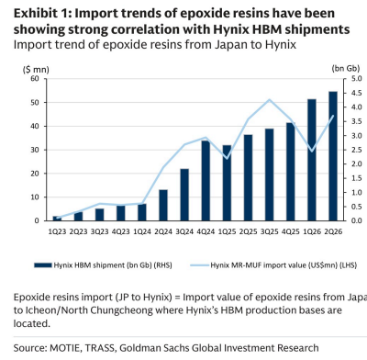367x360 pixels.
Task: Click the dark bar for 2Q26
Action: click(x=333, y=156)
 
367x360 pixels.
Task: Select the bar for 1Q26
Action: click(x=312, y=160)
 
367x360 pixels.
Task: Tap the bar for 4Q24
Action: click(x=206, y=181)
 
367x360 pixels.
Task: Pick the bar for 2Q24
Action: click(x=163, y=205)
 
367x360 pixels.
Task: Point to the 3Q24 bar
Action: click(x=184, y=195)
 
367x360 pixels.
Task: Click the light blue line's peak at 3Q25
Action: click(x=269, y=99)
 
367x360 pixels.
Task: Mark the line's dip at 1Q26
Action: click(x=312, y=152)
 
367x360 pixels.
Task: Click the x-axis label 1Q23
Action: click(x=57, y=231)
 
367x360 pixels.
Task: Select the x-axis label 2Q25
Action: click(x=248, y=231)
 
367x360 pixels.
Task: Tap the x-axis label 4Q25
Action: click(x=291, y=231)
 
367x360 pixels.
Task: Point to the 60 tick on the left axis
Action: click(x=35, y=79)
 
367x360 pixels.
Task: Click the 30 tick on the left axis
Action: click(x=35, y=150)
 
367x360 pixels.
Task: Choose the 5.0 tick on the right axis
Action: click(x=356, y=79)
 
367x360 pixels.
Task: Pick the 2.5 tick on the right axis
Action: click(x=356, y=150)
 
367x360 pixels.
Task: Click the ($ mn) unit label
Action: click(x=36, y=70)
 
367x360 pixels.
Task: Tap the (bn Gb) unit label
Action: click(x=346, y=69)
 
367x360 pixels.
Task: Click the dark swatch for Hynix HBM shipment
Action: click(x=43, y=265)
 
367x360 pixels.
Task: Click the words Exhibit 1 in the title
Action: click(x=42, y=14)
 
